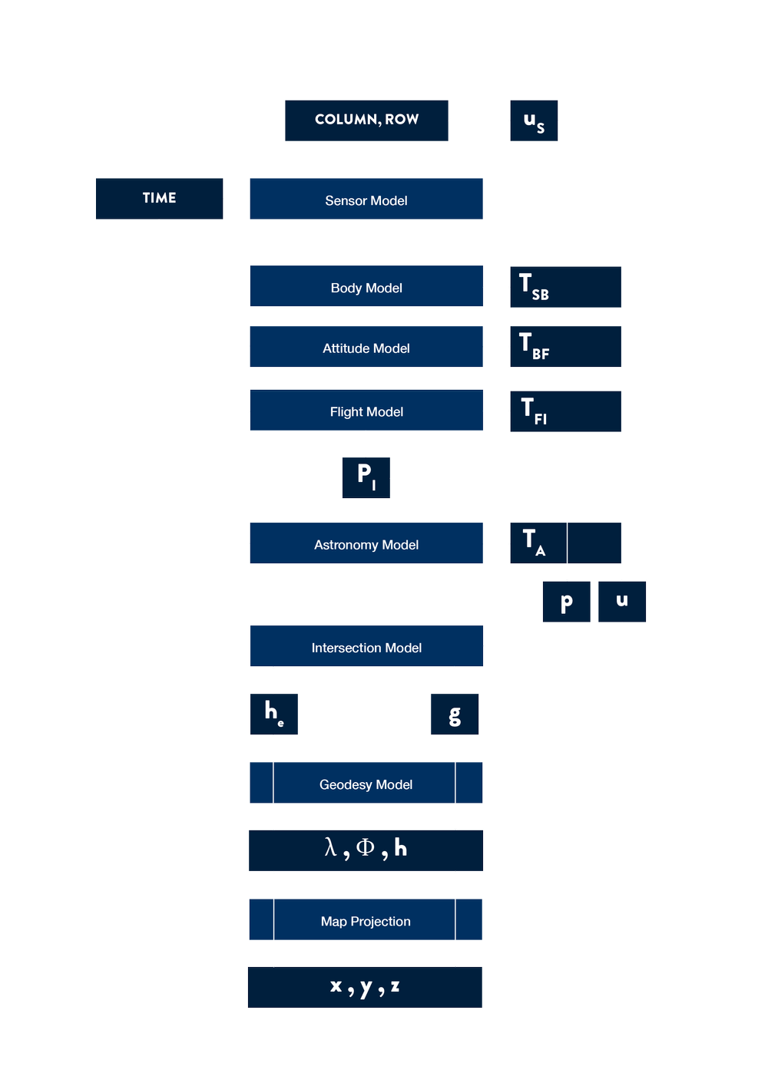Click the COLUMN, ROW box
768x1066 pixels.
[x=366, y=120]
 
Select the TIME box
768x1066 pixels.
[x=159, y=198]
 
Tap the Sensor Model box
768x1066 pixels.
[x=366, y=200]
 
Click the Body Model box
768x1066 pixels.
[x=366, y=287]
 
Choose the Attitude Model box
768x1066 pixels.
[x=366, y=348]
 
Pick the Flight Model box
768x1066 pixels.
[x=366, y=411]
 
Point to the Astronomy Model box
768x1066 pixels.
[x=366, y=544]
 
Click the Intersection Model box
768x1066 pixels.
[x=366, y=647]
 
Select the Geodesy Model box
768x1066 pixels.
[x=366, y=784]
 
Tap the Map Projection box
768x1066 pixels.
[x=366, y=920]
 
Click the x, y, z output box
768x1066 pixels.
[x=365, y=987]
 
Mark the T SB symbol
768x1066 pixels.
[x=533, y=286]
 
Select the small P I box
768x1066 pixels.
[x=366, y=477]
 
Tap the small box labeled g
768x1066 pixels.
[x=455, y=715]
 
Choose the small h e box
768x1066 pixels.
[x=273, y=715]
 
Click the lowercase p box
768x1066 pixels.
[x=566, y=602]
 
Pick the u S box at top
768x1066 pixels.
[x=534, y=120]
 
